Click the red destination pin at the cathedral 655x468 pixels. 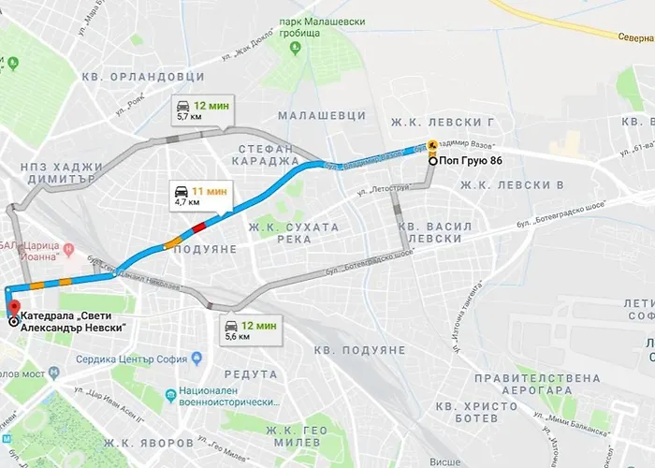(12, 310)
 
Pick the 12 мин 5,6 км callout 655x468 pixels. (250, 330)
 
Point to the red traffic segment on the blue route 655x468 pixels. (198, 227)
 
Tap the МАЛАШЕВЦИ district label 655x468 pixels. (322, 115)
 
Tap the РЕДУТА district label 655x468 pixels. (251, 373)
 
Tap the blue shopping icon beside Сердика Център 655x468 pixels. (196, 359)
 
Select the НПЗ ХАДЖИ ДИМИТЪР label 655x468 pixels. (60, 173)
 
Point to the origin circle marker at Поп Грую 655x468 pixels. (432, 161)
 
